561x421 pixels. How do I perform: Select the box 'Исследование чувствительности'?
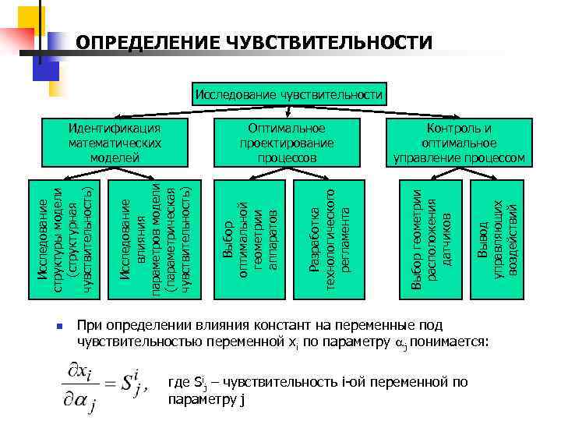[289, 95]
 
